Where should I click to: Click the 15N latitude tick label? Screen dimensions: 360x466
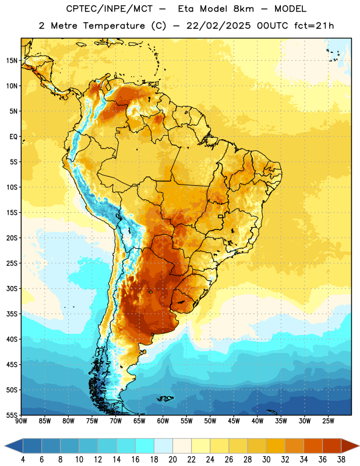coord(12,61)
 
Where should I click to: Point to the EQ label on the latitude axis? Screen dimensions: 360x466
coord(13,137)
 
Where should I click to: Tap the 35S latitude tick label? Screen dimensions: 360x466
coord(12,314)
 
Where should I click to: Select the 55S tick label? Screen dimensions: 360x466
coord(12,415)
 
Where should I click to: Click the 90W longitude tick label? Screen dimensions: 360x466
coord(22,421)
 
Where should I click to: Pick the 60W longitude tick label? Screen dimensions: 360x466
coord(163,421)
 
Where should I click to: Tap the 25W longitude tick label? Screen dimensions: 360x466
coord(328,421)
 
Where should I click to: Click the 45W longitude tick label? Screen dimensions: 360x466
coord(234,421)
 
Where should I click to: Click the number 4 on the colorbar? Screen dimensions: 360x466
coord(23,460)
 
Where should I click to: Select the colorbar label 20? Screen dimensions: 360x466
coord(172,460)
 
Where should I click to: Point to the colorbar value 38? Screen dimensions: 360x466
coord(341,460)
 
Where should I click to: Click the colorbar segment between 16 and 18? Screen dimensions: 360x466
coord(144,446)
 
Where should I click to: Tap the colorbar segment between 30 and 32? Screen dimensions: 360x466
coord(276,446)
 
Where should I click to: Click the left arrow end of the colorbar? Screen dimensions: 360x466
coord(13,446)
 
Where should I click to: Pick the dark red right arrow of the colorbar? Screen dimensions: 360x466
coord(350,446)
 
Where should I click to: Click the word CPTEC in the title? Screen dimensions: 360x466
coord(79,9)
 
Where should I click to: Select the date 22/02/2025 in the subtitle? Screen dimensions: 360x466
coord(218,26)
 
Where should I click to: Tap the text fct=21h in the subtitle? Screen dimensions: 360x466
coord(314,26)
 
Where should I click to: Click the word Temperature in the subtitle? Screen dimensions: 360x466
coord(114,26)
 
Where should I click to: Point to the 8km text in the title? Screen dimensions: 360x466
coord(243,9)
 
